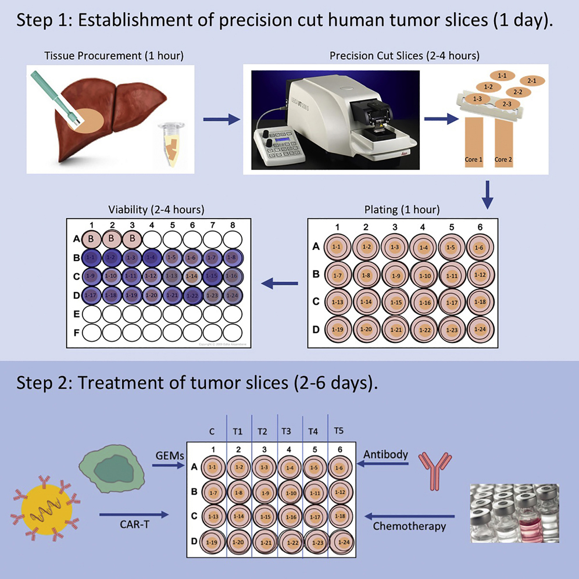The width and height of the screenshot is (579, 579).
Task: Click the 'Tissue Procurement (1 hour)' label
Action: point(114,56)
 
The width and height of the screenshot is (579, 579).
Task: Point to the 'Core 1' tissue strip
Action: point(473,142)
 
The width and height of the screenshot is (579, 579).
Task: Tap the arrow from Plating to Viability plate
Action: point(280,284)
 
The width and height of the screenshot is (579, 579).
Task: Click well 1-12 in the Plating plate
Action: point(480,274)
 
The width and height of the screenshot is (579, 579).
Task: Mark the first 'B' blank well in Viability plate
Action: point(91,238)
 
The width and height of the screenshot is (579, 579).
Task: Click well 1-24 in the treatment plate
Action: point(342,542)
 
